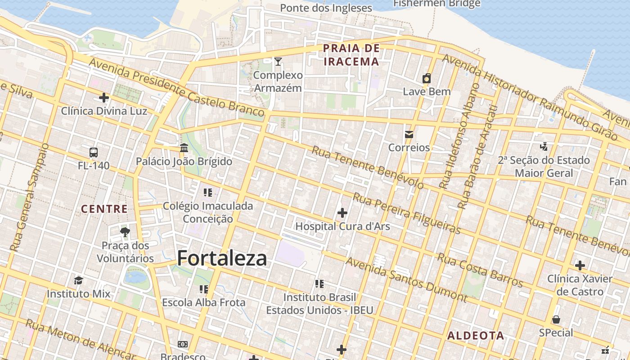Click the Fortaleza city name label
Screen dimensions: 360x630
(x=222, y=258)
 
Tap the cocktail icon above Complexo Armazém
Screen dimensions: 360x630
(x=278, y=61)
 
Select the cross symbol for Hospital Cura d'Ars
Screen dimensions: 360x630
(x=342, y=212)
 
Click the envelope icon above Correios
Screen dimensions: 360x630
(x=409, y=134)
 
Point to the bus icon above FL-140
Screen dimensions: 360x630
(x=94, y=152)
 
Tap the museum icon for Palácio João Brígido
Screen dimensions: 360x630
(x=184, y=148)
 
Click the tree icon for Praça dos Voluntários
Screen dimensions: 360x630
(x=125, y=232)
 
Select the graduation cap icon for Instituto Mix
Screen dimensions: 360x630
(x=78, y=280)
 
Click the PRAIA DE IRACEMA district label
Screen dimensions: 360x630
(x=351, y=55)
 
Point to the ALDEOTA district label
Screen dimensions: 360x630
(x=476, y=336)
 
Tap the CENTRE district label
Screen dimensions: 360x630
(x=104, y=209)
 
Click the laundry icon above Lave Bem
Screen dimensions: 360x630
(x=427, y=78)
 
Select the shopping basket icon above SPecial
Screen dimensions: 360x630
(x=556, y=319)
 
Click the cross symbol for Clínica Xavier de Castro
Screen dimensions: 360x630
(x=580, y=265)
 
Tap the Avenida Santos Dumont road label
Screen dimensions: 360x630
(x=406, y=279)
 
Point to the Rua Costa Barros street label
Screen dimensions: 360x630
(x=480, y=270)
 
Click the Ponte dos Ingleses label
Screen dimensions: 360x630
(x=326, y=8)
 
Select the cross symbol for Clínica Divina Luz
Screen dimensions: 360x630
(x=104, y=97)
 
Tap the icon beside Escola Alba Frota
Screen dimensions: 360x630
(x=204, y=288)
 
